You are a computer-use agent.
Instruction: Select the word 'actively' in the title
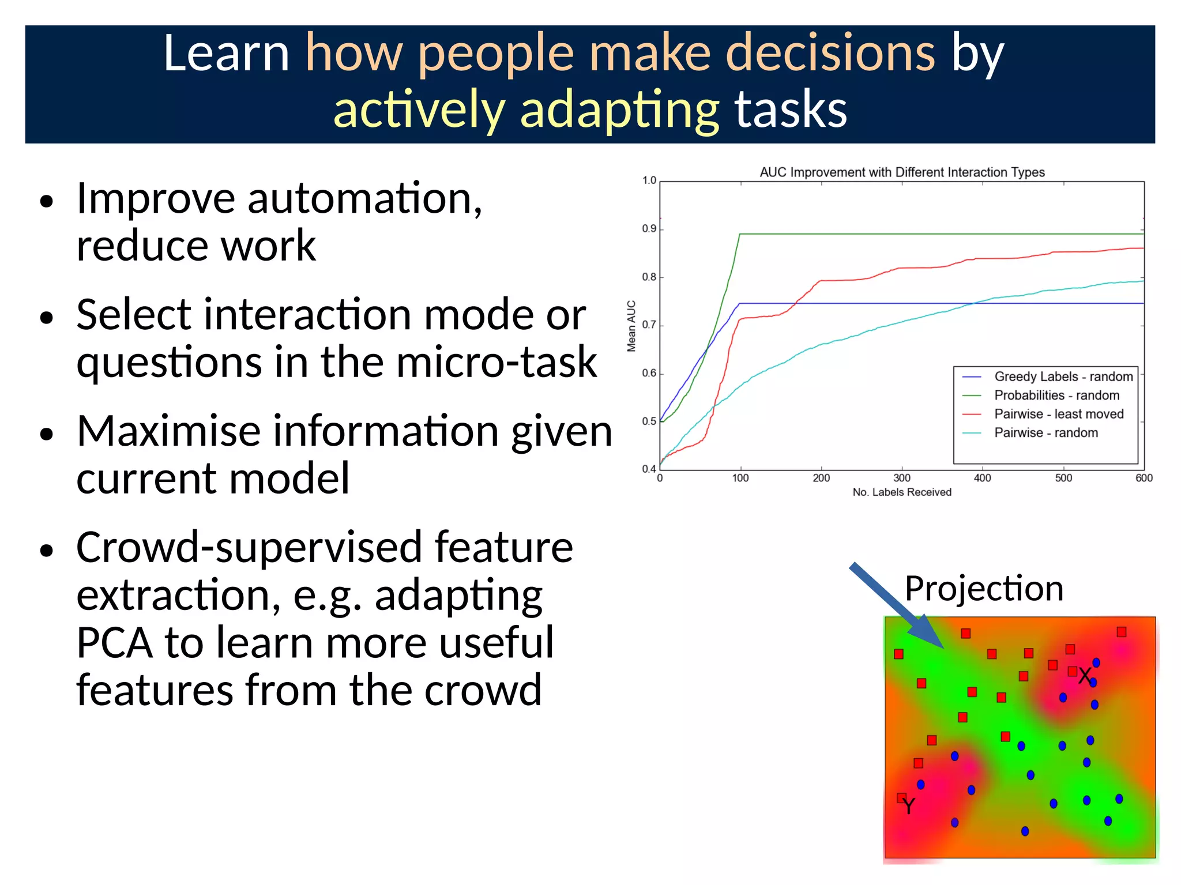tap(419, 110)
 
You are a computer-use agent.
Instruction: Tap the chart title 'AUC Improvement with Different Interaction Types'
tap(902, 172)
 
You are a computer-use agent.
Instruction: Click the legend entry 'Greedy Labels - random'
tap(1063, 376)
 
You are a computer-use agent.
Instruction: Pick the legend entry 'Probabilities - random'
tap(1056, 395)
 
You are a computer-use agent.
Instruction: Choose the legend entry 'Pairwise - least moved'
tap(1058, 414)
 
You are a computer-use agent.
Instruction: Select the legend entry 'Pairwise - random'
tap(1045, 432)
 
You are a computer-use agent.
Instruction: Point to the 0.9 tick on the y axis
tap(649, 229)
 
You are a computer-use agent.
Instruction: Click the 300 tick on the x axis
tap(902, 478)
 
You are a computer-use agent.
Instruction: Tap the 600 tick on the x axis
tap(1144, 478)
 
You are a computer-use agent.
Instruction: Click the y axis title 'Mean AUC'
tap(631, 326)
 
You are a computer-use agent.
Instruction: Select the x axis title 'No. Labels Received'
tap(902, 492)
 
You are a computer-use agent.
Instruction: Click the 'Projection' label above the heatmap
tap(984, 589)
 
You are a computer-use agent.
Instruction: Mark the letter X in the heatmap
tap(1085, 676)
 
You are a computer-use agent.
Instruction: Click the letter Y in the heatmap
tap(909, 806)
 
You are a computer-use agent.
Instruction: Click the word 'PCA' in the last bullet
tap(114, 642)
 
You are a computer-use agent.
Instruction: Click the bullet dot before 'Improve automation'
tap(47, 202)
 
